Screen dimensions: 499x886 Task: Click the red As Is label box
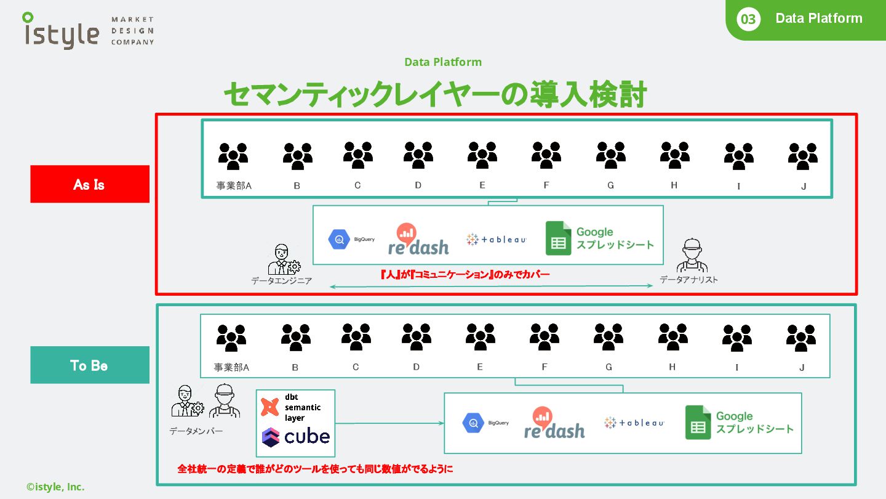[x=90, y=184]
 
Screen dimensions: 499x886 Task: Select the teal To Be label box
[x=90, y=365]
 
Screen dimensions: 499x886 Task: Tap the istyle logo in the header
[x=61, y=30]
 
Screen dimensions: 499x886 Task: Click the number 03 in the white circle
[x=748, y=19]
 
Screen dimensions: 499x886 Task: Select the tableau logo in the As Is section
[x=496, y=240]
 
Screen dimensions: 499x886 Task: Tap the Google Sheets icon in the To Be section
[x=698, y=423]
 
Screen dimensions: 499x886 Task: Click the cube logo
[x=296, y=437]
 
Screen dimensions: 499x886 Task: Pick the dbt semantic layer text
[x=302, y=407]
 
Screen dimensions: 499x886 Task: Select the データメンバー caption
[x=196, y=431]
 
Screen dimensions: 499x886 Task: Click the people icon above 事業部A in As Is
[x=233, y=156]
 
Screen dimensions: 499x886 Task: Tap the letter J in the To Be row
[x=802, y=368]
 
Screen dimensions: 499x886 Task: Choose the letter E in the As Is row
[x=482, y=185]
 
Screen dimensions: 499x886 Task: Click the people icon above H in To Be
[x=672, y=337]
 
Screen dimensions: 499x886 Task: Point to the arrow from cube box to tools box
[x=389, y=423]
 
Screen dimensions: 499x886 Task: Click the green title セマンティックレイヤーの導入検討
[x=434, y=96]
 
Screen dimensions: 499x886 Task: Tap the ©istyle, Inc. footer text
[x=55, y=487]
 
